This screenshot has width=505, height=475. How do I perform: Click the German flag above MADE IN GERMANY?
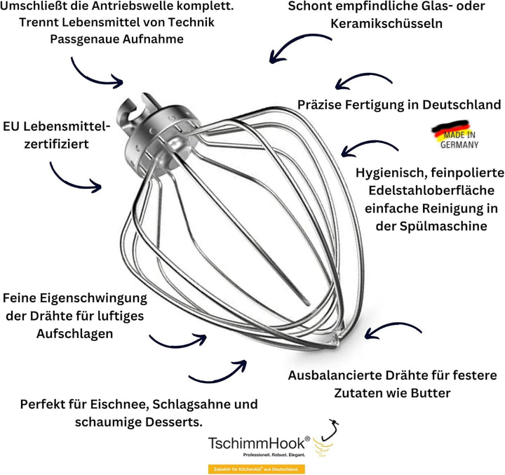point(450,128)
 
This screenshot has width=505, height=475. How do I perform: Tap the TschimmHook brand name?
point(257,443)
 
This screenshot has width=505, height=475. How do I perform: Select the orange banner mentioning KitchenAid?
point(257,469)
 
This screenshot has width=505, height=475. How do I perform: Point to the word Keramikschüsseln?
point(386,24)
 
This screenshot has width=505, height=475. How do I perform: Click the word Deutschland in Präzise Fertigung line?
point(462,105)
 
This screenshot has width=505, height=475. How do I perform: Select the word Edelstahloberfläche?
point(431,190)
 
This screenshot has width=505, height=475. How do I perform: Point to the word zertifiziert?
point(56,144)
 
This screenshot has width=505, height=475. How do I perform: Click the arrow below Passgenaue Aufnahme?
point(93,77)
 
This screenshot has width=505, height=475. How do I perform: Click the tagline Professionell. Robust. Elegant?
point(274,455)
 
